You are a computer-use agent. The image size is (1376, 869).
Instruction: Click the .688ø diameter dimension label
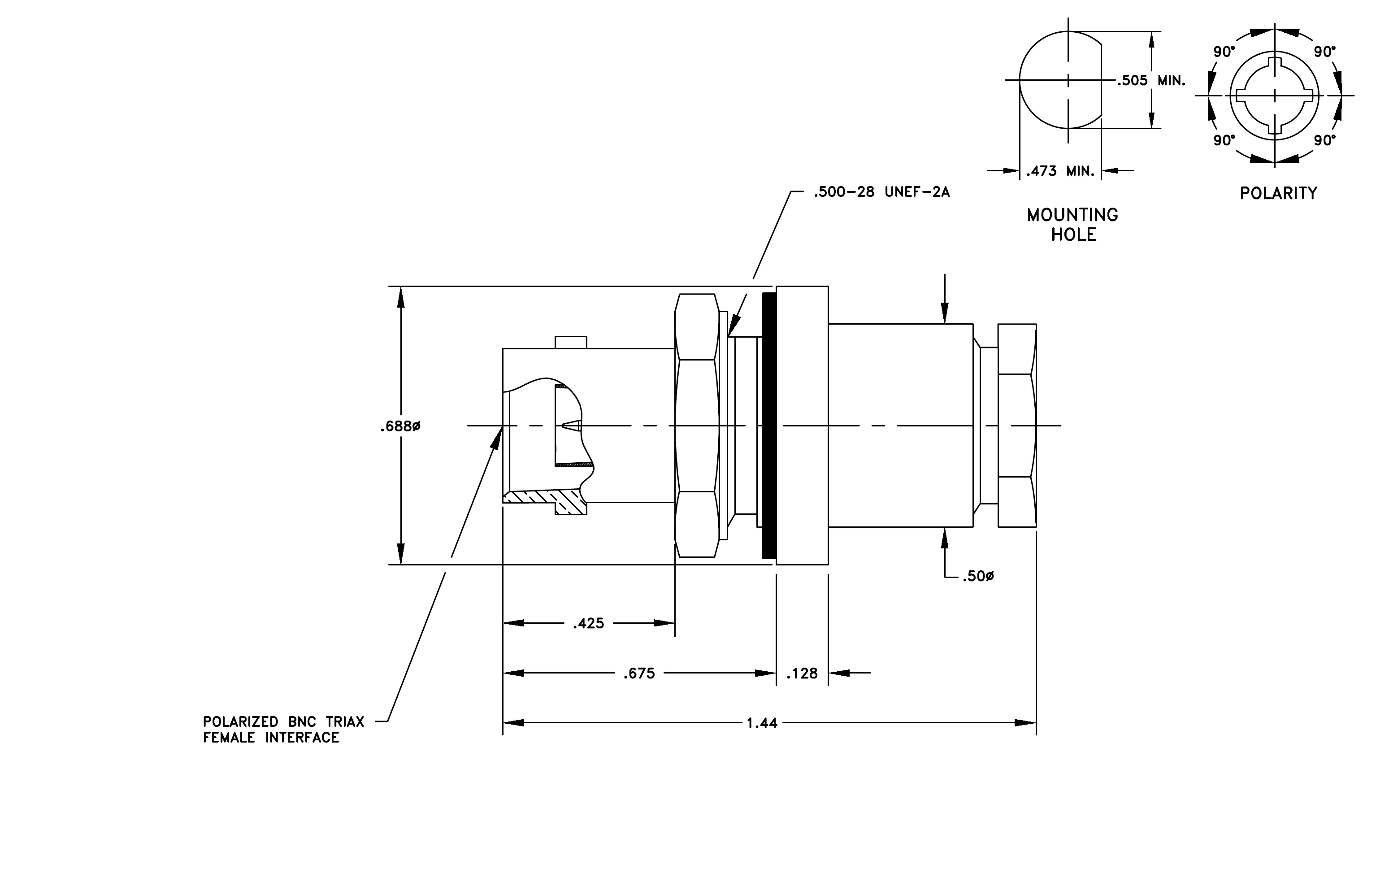[400, 426]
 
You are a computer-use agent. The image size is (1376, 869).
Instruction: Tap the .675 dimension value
[639, 673]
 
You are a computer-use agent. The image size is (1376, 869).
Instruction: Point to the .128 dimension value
[802, 673]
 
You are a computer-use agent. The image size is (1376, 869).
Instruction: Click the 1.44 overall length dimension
[762, 723]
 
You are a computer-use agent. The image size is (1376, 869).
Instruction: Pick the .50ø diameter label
[978, 577]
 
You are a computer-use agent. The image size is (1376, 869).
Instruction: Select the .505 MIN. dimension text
[1151, 81]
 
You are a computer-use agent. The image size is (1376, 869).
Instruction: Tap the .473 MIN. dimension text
[1060, 171]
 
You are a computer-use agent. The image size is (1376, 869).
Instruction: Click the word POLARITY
[1278, 193]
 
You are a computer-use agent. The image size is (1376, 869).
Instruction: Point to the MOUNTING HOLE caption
[1072, 225]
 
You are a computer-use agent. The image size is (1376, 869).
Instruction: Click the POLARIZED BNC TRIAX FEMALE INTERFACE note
[283, 730]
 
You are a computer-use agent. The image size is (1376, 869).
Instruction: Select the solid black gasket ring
[769, 426]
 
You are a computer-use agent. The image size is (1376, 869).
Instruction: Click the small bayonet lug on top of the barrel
[571, 342]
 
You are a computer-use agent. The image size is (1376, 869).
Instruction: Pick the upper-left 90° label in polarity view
[1224, 52]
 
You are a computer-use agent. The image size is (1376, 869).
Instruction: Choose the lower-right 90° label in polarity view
[1324, 140]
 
